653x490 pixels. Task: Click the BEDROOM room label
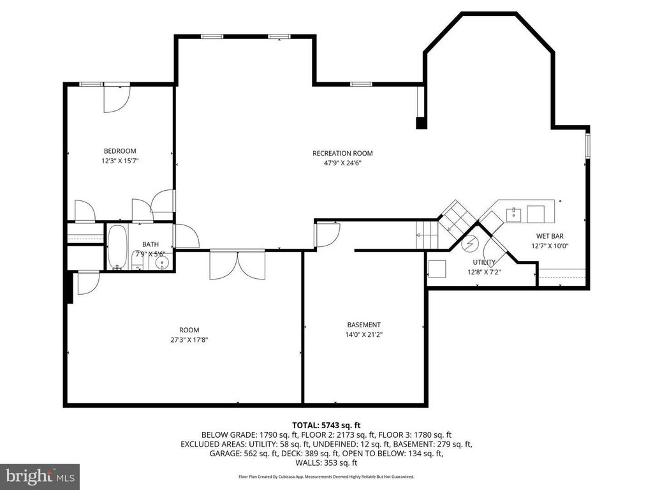point(120,151)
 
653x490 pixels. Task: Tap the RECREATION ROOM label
point(342,153)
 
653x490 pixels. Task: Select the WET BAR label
point(550,236)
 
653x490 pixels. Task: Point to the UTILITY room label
point(485,262)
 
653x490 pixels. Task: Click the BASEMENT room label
point(364,325)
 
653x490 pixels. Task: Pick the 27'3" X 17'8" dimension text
point(189,339)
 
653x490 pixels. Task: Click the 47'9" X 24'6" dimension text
point(342,163)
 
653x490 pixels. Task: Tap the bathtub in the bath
point(117,248)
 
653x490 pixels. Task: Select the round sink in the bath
point(161,262)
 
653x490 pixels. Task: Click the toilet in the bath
point(138,261)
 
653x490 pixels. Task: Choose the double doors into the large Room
point(237,265)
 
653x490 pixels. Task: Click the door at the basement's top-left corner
point(328,235)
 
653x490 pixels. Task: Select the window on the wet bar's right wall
point(587,145)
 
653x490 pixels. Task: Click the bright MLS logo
point(40,476)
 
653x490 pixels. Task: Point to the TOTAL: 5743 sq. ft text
point(326,426)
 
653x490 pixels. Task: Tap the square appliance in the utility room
point(437,269)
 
